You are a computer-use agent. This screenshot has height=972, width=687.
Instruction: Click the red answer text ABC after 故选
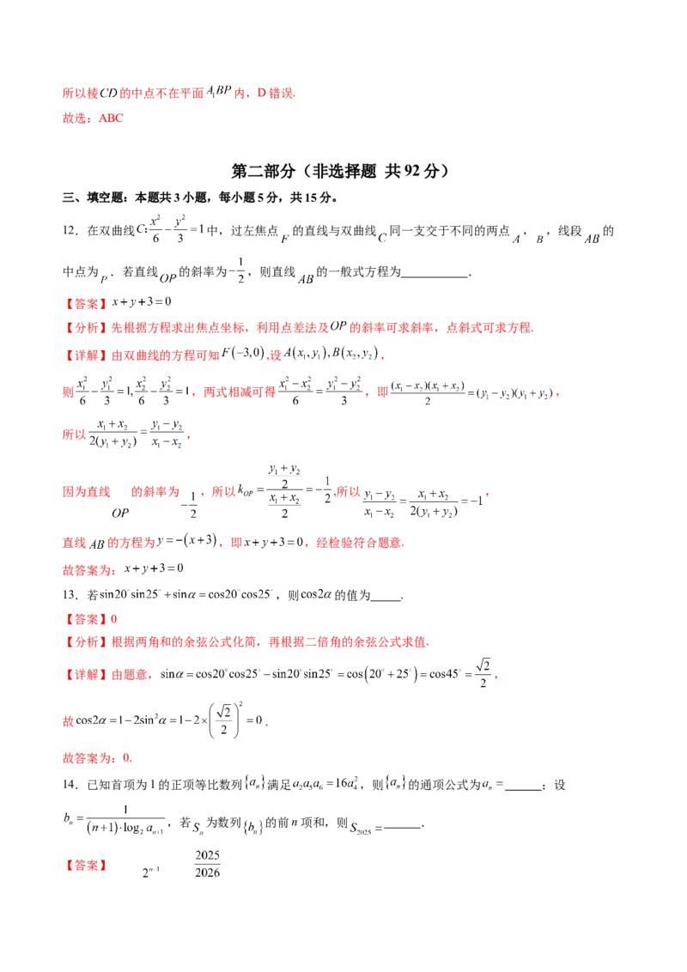pyautogui.click(x=111, y=118)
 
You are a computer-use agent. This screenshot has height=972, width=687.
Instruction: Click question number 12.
pyautogui.click(x=70, y=231)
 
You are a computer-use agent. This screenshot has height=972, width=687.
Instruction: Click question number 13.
pyautogui.click(x=70, y=594)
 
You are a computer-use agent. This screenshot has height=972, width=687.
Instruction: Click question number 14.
pyautogui.click(x=70, y=784)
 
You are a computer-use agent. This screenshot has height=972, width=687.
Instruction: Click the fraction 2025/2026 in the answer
pyautogui.click(x=207, y=864)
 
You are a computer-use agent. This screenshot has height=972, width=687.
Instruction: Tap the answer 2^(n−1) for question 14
pyautogui.click(x=150, y=872)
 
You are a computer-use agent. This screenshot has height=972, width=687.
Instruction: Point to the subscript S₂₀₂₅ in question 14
pyautogui.click(x=361, y=828)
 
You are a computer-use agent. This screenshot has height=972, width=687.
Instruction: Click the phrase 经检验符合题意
pyautogui.click(x=360, y=543)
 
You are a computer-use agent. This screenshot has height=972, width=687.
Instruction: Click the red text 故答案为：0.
pyautogui.click(x=97, y=757)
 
